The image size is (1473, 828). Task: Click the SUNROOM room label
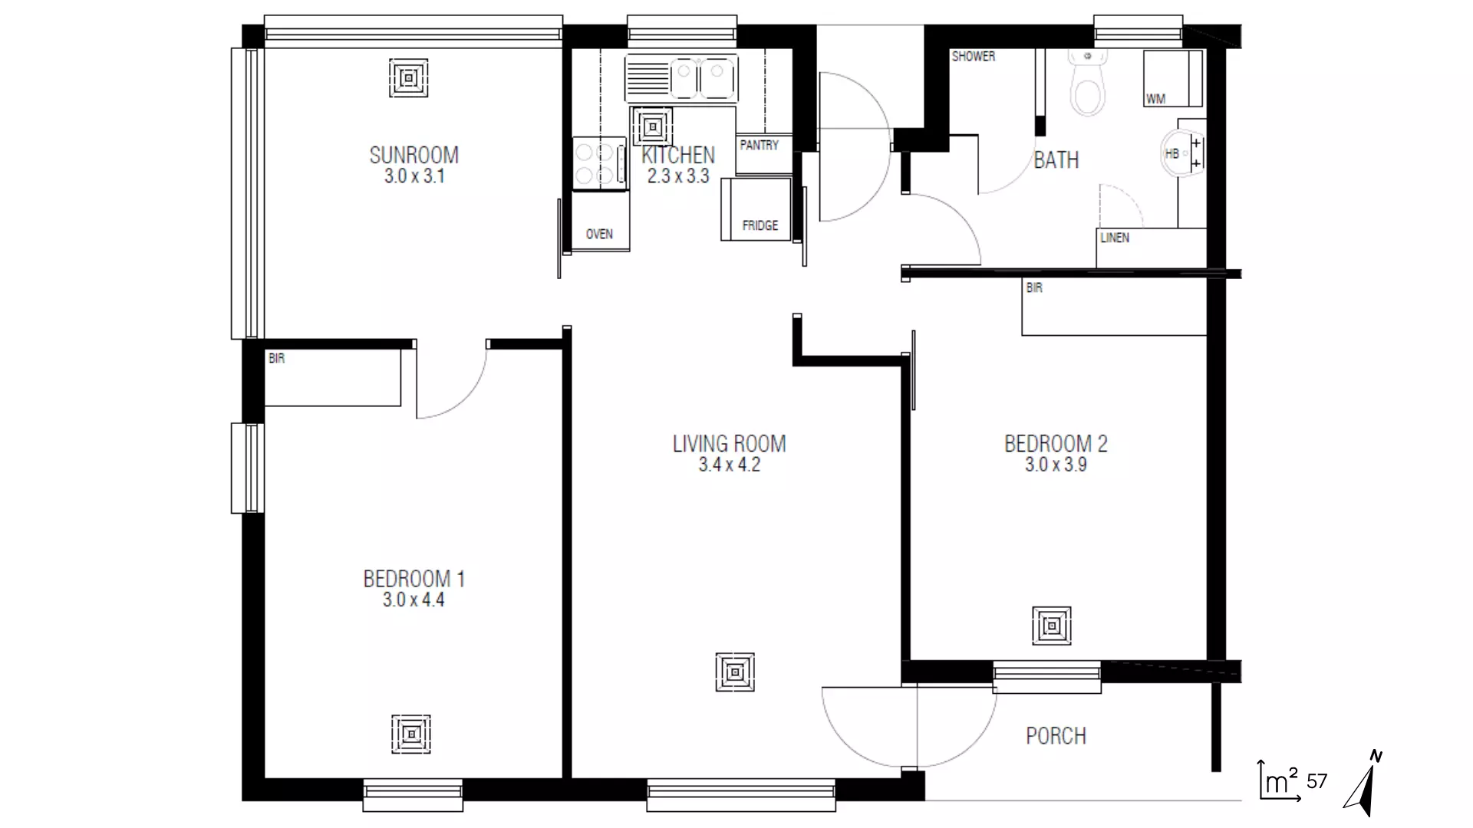[414, 155]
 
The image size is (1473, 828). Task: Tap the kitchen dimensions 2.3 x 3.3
[677, 176]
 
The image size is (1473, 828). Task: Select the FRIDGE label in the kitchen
[760, 225]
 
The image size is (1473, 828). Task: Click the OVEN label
[599, 234]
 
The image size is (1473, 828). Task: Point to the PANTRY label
[759, 145]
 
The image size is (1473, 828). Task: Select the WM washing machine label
[1155, 99]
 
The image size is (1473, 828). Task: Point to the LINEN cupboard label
[1114, 238]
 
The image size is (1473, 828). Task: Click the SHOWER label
[973, 56]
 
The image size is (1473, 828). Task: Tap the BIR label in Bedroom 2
[1033, 287]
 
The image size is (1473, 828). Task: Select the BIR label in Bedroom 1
[276, 358]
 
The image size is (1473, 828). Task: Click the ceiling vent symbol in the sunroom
[408, 78]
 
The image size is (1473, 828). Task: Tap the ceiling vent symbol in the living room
[734, 672]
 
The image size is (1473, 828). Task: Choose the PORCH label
[1056, 736]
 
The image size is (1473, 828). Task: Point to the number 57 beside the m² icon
[1316, 781]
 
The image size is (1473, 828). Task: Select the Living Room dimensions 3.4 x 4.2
[729, 465]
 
